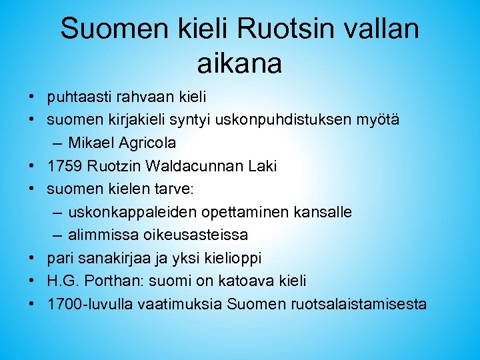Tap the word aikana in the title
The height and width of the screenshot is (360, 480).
[240, 64]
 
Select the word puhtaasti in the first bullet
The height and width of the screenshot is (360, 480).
[76, 98]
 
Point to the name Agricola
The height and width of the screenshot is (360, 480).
[147, 143]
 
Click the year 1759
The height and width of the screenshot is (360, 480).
[63, 167]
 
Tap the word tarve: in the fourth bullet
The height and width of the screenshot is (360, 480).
[175, 189]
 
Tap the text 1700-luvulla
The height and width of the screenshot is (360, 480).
[90, 304]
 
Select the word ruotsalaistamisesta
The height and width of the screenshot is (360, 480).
[359, 304]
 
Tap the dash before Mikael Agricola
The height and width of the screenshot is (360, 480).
[56, 143]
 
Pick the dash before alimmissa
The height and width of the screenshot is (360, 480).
[56, 235]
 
